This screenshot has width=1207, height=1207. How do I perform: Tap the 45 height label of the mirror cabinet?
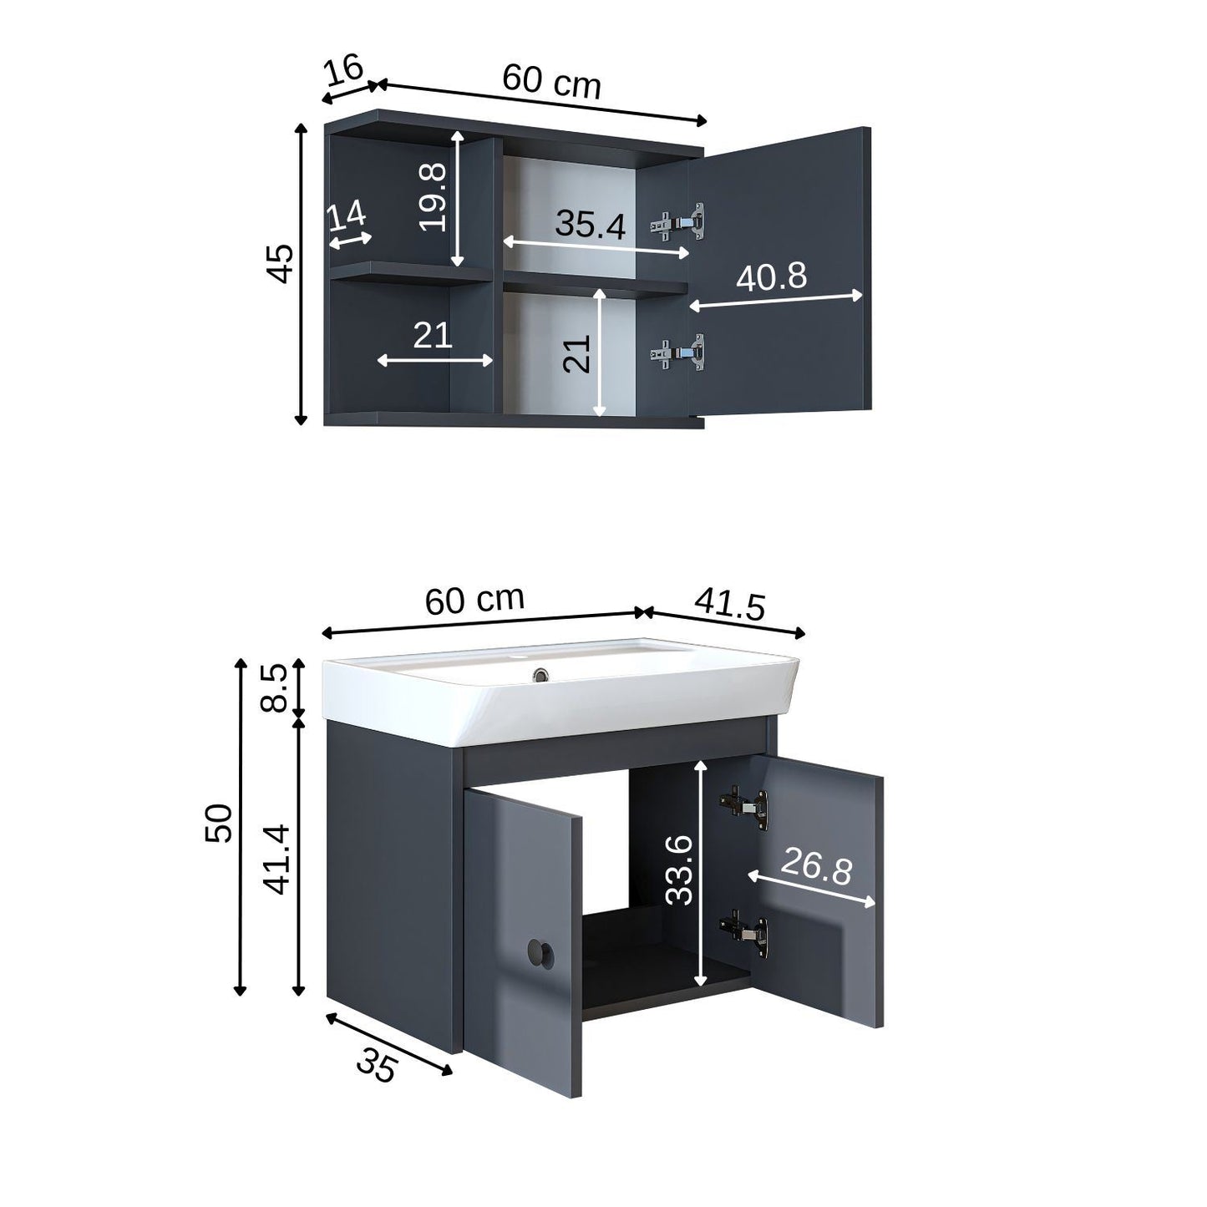(x=279, y=263)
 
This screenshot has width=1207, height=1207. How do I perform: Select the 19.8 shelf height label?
(x=433, y=197)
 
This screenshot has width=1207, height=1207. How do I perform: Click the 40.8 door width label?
(x=771, y=276)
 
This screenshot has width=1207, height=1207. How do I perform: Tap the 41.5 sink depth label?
(x=730, y=605)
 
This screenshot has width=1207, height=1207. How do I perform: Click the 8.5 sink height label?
(x=274, y=688)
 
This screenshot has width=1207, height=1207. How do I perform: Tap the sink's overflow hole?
(x=540, y=675)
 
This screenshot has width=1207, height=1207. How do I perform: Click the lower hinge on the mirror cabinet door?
(x=678, y=352)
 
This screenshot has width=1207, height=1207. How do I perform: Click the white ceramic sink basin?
(x=561, y=690)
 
